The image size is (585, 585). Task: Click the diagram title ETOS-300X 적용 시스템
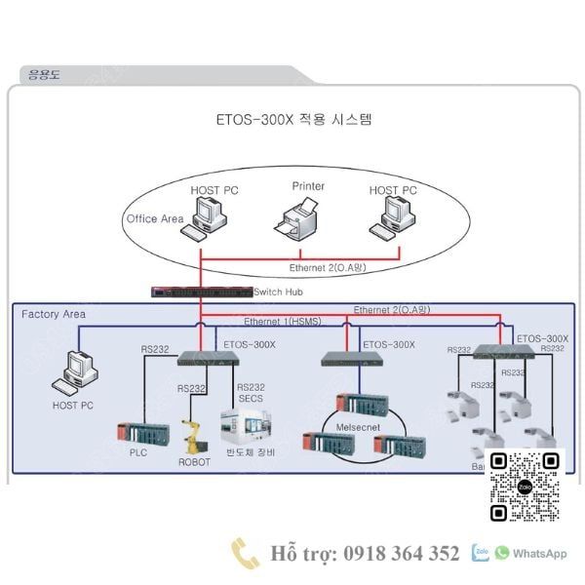pyautogui.click(x=293, y=120)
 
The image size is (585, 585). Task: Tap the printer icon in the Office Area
pyautogui.click(x=298, y=217)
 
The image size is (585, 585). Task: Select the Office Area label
pyautogui.click(x=154, y=218)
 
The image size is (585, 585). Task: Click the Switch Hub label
pyautogui.click(x=281, y=292)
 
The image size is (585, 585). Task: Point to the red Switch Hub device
pyautogui.click(x=201, y=292)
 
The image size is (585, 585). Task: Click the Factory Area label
pyautogui.click(x=54, y=314)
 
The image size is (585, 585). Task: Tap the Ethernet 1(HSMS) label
pyautogui.click(x=282, y=322)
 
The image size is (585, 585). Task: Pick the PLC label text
pyautogui.click(x=138, y=452)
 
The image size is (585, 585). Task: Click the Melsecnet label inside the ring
pyautogui.click(x=356, y=427)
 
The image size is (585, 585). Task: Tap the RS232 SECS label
pyautogui.click(x=251, y=394)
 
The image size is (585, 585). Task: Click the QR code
pyautogui.click(x=525, y=486)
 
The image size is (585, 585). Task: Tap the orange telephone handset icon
pyautogui.click(x=244, y=553)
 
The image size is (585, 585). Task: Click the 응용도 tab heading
pyautogui.click(x=44, y=74)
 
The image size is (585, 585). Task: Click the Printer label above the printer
pyautogui.click(x=308, y=185)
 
